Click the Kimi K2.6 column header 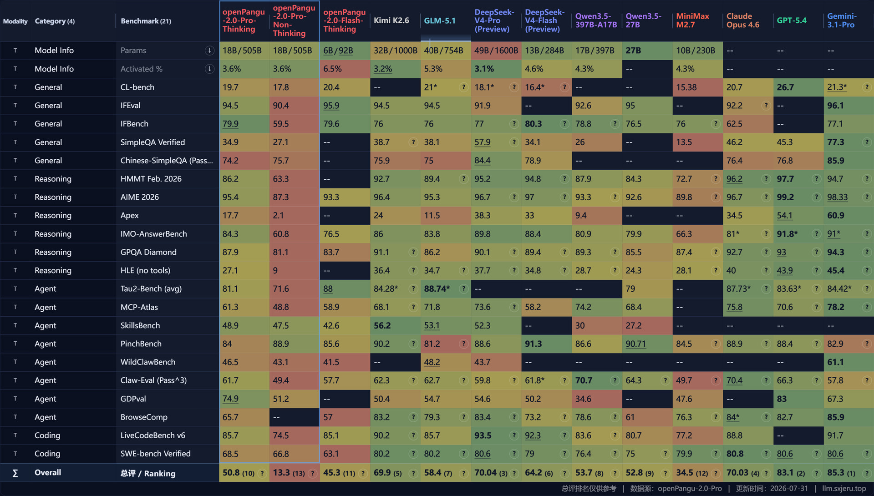pos(391,20)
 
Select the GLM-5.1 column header pos(439,20)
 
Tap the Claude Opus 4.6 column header pos(742,20)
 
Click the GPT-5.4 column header pos(791,20)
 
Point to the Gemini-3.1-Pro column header pos(842,20)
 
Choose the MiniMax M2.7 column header pos(692,20)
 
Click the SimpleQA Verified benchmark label pos(152,142)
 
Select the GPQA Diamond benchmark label pos(148,252)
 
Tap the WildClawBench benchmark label pos(148,362)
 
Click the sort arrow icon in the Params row pos(209,51)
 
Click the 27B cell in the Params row pos(633,51)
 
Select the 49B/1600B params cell pos(496,51)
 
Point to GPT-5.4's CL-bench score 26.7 pos(785,87)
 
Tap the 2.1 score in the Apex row pos(278,215)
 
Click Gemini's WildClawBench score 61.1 pos(835,362)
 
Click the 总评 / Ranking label pos(148,473)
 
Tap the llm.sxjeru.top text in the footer pos(844,488)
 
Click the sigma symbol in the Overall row pos(15,473)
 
